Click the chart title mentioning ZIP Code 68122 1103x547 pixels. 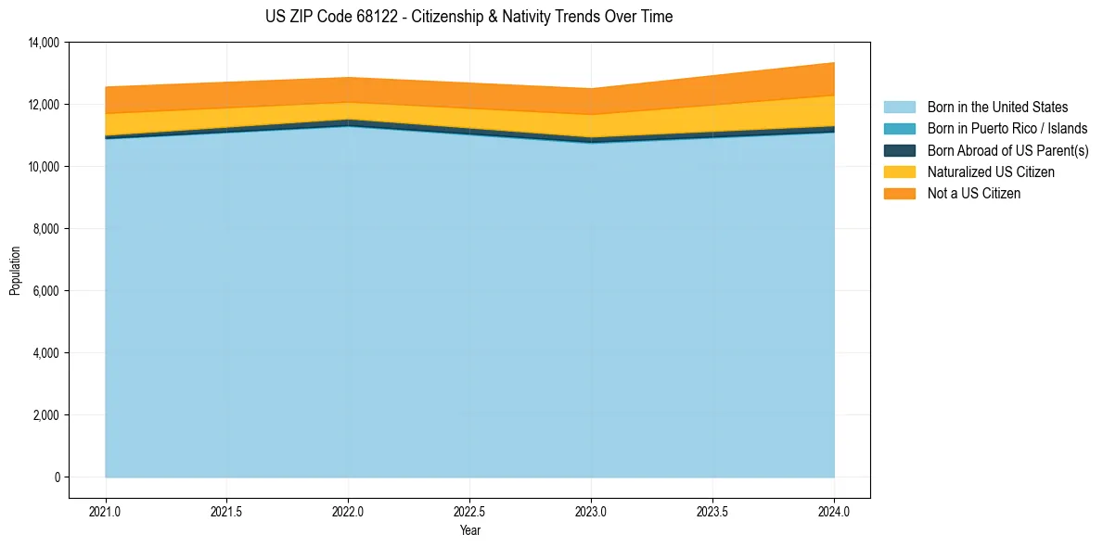click(x=468, y=17)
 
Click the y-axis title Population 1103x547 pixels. click(x=14, y=270)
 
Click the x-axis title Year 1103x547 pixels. click(x=469, y=530)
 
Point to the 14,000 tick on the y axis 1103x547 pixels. click(x=44, y=43)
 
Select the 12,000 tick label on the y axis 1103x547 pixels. click(x=44, y=105)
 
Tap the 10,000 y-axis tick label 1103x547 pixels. click(x=44, y=167)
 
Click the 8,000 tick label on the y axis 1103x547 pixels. click(x=46, y=229)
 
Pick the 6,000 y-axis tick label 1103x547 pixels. click(x=46, y=291)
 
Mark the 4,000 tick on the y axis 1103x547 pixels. click(x=46, y=353)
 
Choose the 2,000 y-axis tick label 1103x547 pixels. click(x=46, y=415)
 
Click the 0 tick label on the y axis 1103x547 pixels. click(x=57, y=477)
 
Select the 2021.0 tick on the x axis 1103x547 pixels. click(x=106, y=511)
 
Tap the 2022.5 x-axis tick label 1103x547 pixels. click(x=469, y=511)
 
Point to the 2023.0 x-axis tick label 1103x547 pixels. click(x=591, y=511)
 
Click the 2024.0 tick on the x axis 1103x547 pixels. click(x=834, y=511)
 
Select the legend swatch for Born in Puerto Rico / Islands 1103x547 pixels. click(x=899, y=129)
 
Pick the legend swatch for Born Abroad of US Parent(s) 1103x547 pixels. click(x=899, y=150)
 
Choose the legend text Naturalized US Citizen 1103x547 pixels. click(x=991, y=172)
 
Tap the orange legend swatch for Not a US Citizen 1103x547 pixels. click(x=899, y=194)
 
